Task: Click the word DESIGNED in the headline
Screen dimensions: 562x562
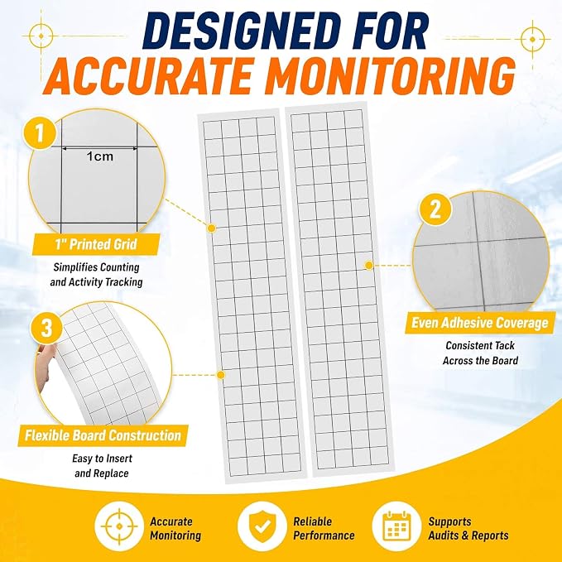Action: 238,32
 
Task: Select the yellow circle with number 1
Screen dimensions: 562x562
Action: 40,133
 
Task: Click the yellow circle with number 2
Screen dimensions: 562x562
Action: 435,209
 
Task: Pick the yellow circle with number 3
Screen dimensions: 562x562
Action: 46,328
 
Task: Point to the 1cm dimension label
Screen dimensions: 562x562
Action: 99,156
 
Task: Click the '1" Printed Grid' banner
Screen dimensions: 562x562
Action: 96,244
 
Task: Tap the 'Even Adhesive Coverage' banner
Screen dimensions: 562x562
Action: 479,323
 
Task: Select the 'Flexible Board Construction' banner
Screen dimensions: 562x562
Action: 103,435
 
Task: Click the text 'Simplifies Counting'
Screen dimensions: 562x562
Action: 96,267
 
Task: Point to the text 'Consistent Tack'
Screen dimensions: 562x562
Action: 480,345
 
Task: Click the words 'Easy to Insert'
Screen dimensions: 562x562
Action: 102,459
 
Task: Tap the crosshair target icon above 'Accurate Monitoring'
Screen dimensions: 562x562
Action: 119,526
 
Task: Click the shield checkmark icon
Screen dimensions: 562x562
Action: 262,526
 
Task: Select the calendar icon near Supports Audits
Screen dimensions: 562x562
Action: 396,526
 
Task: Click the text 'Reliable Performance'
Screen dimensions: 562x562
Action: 324,528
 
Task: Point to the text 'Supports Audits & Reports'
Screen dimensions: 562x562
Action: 468,528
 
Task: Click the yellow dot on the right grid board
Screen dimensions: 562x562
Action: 369,265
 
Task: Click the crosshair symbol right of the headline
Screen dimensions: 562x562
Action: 532,39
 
